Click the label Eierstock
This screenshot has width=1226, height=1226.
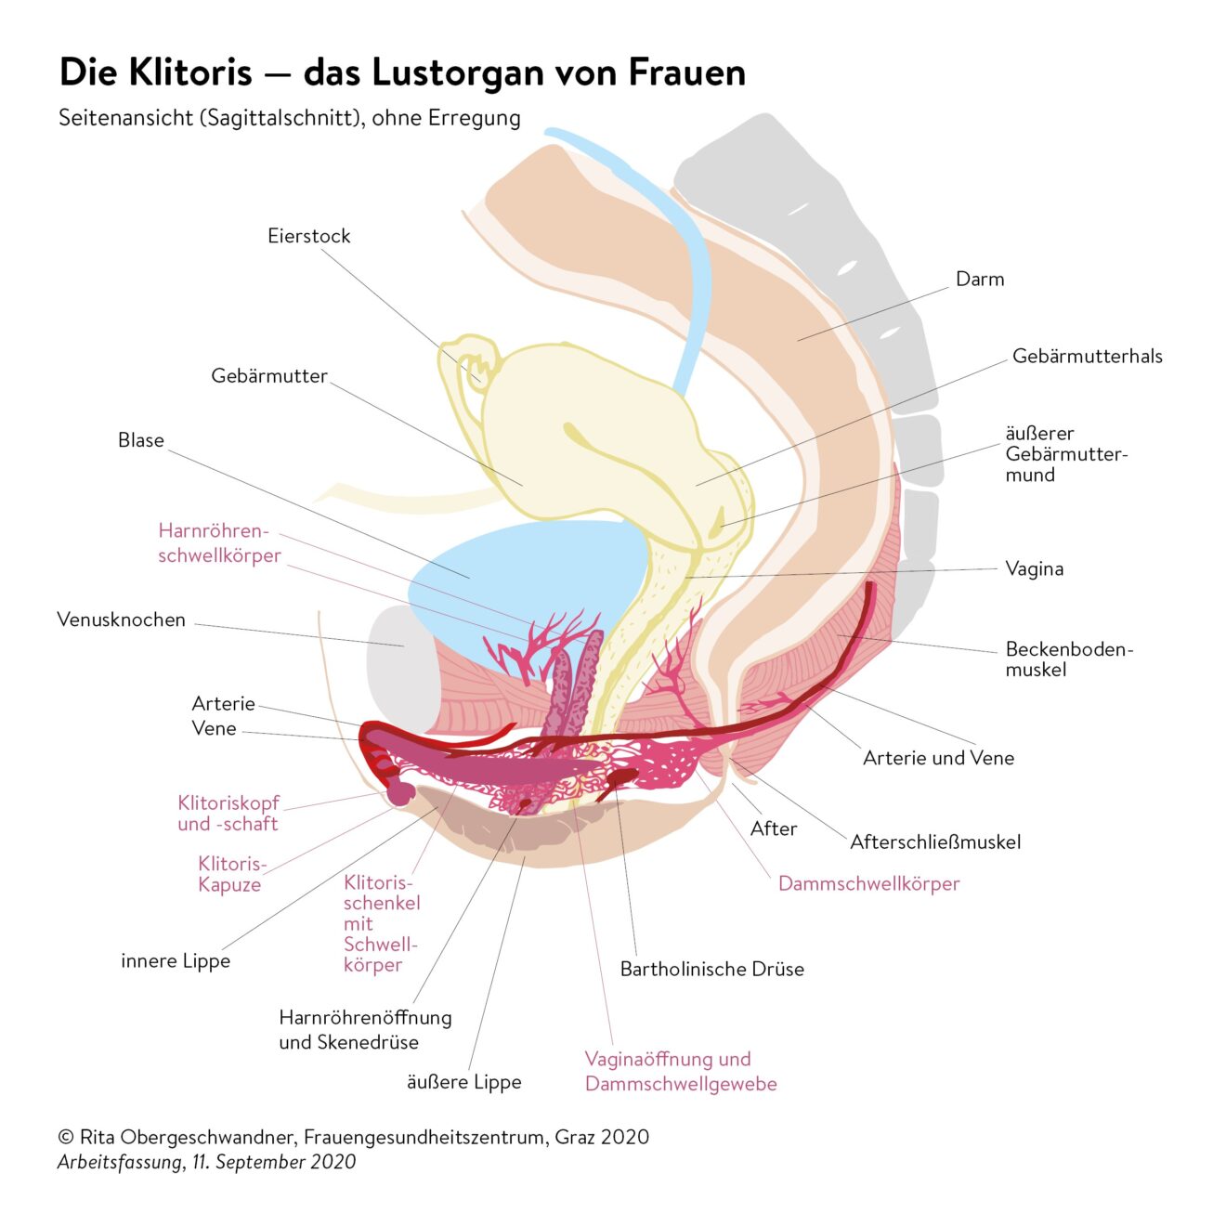pos(308,236)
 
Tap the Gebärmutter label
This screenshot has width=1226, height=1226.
pos(268,376)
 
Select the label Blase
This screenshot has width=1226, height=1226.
pos(140,440)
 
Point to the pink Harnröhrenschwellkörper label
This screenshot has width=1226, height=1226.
pos(219,543)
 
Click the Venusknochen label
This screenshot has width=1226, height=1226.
pos(121,620)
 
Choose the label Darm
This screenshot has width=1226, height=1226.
pos(979,280)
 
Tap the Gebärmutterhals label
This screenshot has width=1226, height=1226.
pos(1087,357)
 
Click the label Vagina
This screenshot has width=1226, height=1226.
pos(1034,568)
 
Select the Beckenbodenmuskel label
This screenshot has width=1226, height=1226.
pos(1068,659)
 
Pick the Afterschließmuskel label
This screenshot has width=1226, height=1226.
pos(935,842)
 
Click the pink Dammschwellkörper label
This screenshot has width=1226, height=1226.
pos(868,883)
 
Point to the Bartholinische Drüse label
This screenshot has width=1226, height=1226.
pos(711,970)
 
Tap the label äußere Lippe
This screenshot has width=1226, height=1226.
pos(463,1082)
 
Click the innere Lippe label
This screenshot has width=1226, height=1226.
pos(175,961)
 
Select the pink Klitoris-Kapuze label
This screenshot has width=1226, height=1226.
pos(231,874)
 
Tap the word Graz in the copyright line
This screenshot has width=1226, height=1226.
pos(576,1137)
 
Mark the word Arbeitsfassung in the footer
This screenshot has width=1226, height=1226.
pos(120,1162)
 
